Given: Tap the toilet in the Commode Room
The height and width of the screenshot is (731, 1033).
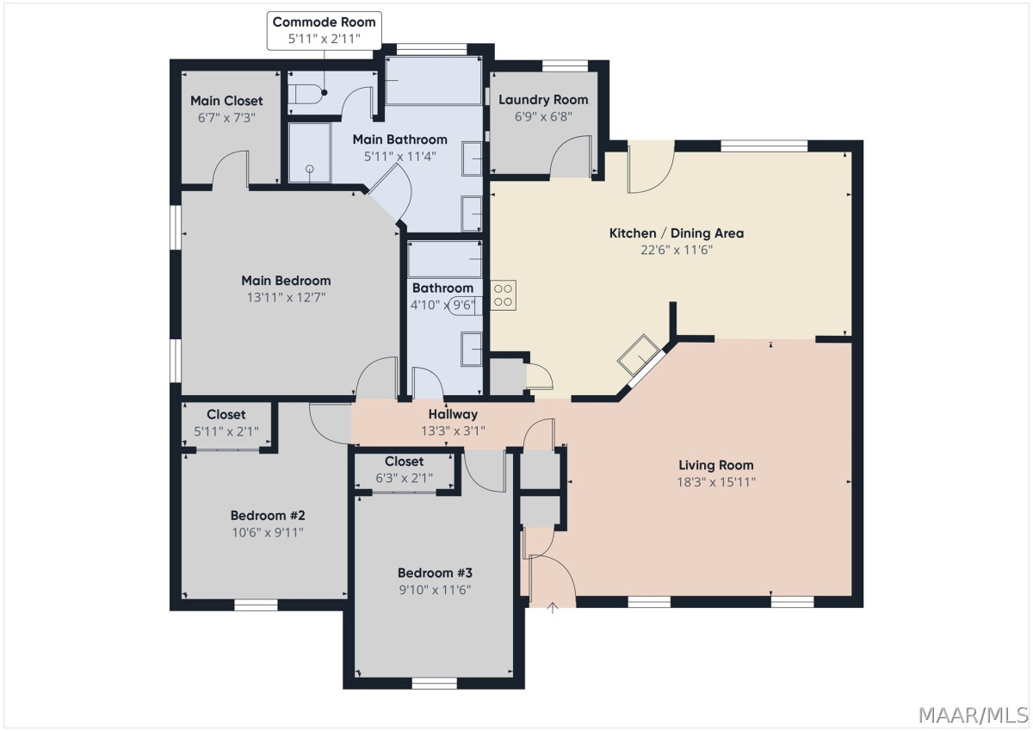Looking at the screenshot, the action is point(306,95).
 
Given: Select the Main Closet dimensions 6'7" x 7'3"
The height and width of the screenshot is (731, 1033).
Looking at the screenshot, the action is point(226,118).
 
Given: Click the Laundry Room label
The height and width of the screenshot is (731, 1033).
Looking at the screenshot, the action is point(543,100).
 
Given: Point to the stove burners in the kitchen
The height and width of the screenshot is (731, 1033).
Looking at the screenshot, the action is point(503,295).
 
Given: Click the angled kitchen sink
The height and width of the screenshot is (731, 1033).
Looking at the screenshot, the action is point(638,355).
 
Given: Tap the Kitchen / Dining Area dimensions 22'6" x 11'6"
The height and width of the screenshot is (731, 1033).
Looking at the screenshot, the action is point(677,250).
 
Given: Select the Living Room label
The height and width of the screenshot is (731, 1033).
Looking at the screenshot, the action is point(715,465).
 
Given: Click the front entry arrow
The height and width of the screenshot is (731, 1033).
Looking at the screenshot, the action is point(552,608).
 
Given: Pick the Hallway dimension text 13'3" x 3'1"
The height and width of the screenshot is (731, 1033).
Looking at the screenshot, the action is point(453,431).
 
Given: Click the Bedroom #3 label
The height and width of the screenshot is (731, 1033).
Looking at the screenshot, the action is point(435,573).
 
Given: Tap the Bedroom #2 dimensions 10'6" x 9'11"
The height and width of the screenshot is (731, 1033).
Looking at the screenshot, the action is point(268,533).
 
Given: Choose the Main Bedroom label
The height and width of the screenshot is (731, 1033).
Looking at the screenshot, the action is point(286,281).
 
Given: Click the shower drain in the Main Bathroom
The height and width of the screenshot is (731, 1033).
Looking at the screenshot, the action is point(309,169).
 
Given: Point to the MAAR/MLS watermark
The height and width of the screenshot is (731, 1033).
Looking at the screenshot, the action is point(974,716).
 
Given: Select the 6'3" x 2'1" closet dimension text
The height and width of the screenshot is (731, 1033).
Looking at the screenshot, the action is point(404,478).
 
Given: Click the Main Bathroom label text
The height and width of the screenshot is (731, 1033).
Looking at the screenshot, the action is point(399,139).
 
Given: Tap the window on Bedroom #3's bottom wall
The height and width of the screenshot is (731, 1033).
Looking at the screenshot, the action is point(434,683).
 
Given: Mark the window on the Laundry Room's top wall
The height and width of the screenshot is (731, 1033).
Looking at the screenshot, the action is point(565,65).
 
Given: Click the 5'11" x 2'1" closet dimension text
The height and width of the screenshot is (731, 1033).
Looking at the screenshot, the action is point(226,431).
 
